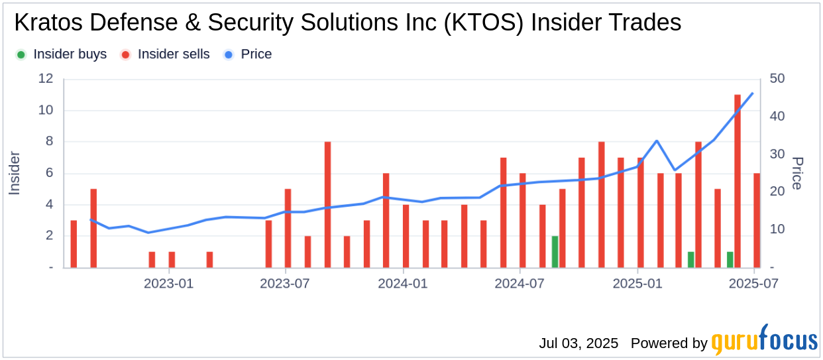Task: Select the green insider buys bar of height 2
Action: [555, 252]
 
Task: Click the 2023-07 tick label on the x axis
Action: [286, 284]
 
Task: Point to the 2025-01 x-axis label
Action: [637, 284]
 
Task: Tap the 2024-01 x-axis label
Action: [403, 284]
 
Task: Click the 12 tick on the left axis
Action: [46, 79]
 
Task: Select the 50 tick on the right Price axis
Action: [776, 79]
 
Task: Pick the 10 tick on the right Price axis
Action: [776, 229]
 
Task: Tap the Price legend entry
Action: [256, 54]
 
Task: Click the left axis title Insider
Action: [15, 173]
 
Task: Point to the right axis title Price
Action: [797, 173]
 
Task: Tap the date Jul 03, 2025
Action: [578, 343]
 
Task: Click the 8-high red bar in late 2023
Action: [327, 204]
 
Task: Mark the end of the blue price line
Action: [753, 93]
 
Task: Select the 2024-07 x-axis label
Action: [520, 284]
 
